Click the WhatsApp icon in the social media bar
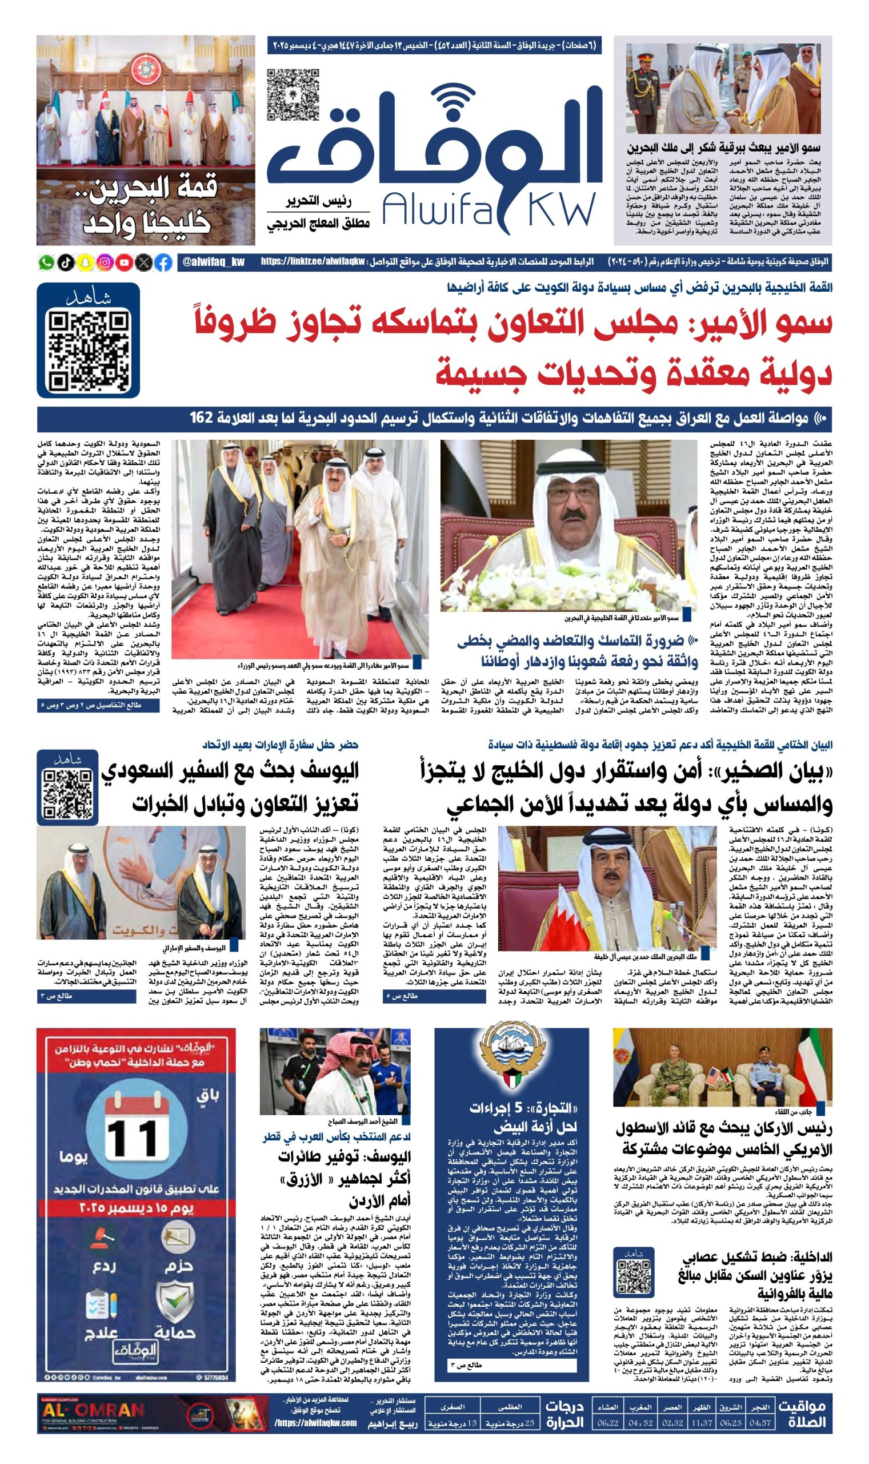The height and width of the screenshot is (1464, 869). (x=46, y=262)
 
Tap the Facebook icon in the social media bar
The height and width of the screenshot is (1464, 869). (x=164, y=262)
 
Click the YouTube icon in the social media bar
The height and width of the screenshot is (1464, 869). (x=124, y=262)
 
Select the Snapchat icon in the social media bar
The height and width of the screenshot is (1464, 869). (x=86, y=262)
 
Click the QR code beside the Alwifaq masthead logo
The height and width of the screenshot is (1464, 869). (x=293, y=95)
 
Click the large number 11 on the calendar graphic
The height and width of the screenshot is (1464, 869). (x=133, y=1138)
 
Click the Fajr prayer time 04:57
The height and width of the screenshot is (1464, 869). (x=759, y=1422)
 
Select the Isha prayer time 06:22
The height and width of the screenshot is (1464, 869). (x=608, y=1422)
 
